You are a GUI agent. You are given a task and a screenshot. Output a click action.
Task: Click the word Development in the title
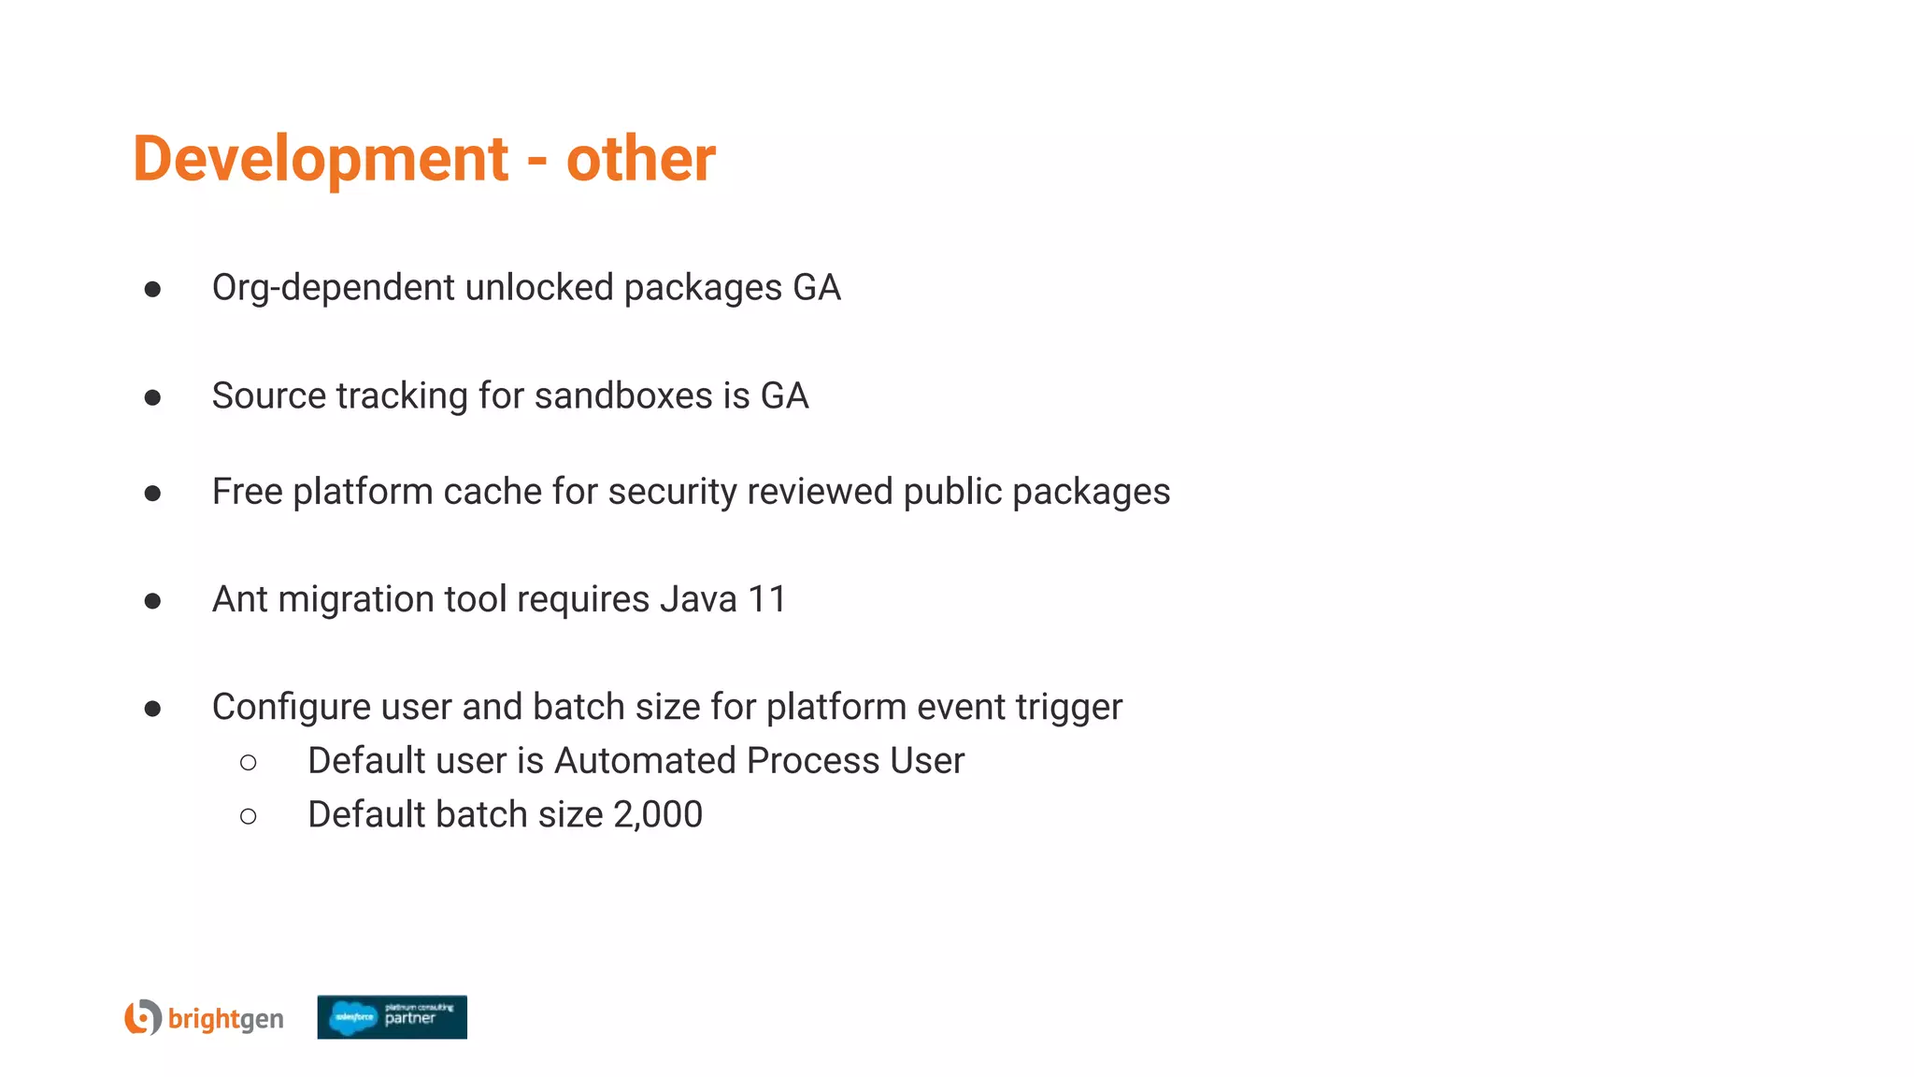tap(321, 159)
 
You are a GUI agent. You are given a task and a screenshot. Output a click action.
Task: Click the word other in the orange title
tap(640, 159)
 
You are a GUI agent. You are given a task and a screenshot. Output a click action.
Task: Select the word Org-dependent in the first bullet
tap(333, 288)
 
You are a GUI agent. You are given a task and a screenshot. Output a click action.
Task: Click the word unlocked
tap(538, 288)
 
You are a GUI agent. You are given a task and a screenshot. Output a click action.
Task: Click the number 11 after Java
tap(766, 599)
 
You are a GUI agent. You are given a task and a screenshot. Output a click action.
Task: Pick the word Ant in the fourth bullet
tap(240, 599)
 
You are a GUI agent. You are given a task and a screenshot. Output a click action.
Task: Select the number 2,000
tap(658, 815)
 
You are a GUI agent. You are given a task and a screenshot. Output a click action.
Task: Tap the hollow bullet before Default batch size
tap(248, 817)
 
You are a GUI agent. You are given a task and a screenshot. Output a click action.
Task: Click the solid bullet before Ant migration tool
tap(152, 600)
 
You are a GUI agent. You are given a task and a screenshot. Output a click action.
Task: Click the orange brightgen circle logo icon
tap(143, 1017)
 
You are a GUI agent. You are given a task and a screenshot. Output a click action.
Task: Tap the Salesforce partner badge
tap(392, 1017)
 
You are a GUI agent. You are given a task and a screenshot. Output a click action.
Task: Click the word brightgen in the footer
tap(225, 1019)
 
